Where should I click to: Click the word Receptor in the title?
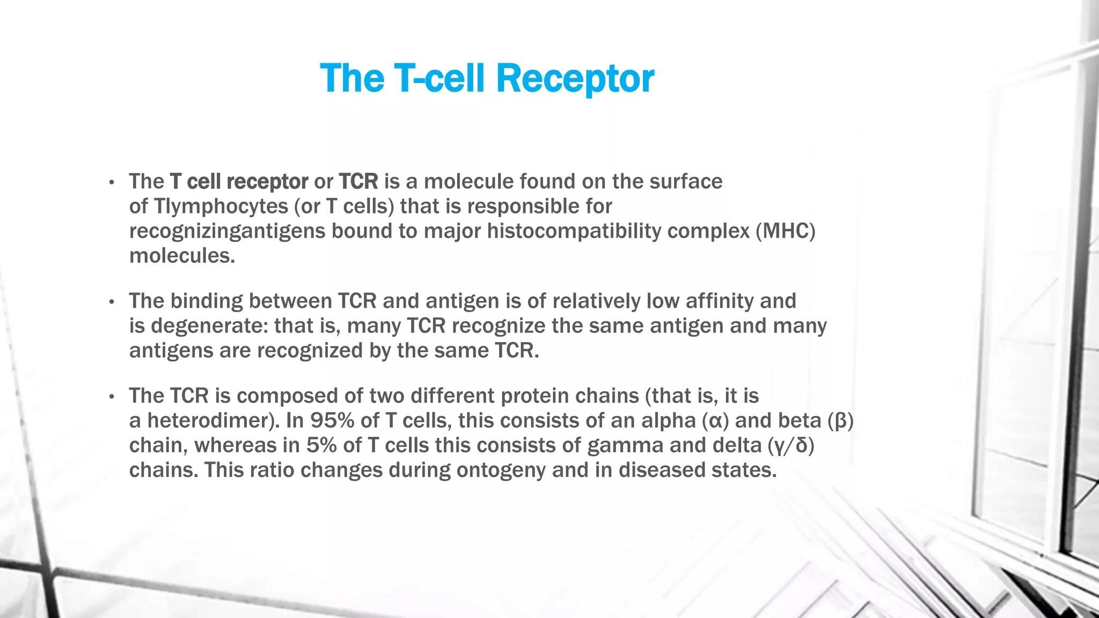(x=575, y=79)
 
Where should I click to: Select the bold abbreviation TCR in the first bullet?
(x=358, y=182)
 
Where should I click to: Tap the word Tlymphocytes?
(x=221, y=207)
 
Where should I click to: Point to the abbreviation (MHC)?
(x=785, y=231)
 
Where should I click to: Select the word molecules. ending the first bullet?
(x=182, y=256)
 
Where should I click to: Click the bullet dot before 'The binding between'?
(x=112, y=303)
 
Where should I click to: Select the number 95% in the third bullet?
(x=332, y=421)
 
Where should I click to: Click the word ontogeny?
(x=501, y=470)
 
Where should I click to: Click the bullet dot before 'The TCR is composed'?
(x=112, y=398)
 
